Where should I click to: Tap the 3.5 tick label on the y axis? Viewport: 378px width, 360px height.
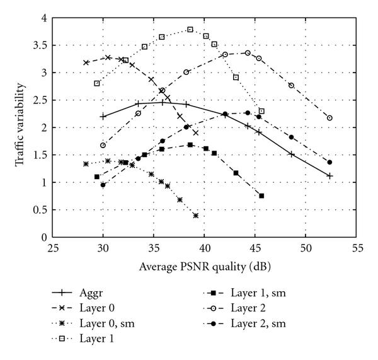pos(40,45)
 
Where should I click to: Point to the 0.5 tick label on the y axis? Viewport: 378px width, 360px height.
pos(40,209)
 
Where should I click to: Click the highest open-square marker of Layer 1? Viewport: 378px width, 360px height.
pos(190,29)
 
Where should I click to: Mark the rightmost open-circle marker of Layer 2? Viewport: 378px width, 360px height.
pos(329,118)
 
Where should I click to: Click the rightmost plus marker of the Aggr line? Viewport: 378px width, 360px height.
pos(329,176)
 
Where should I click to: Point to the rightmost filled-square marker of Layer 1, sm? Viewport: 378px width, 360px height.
pos(261,195)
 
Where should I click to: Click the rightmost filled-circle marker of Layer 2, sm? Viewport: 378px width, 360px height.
pos(329,162)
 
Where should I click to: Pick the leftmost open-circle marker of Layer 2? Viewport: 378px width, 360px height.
pos(103,145)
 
